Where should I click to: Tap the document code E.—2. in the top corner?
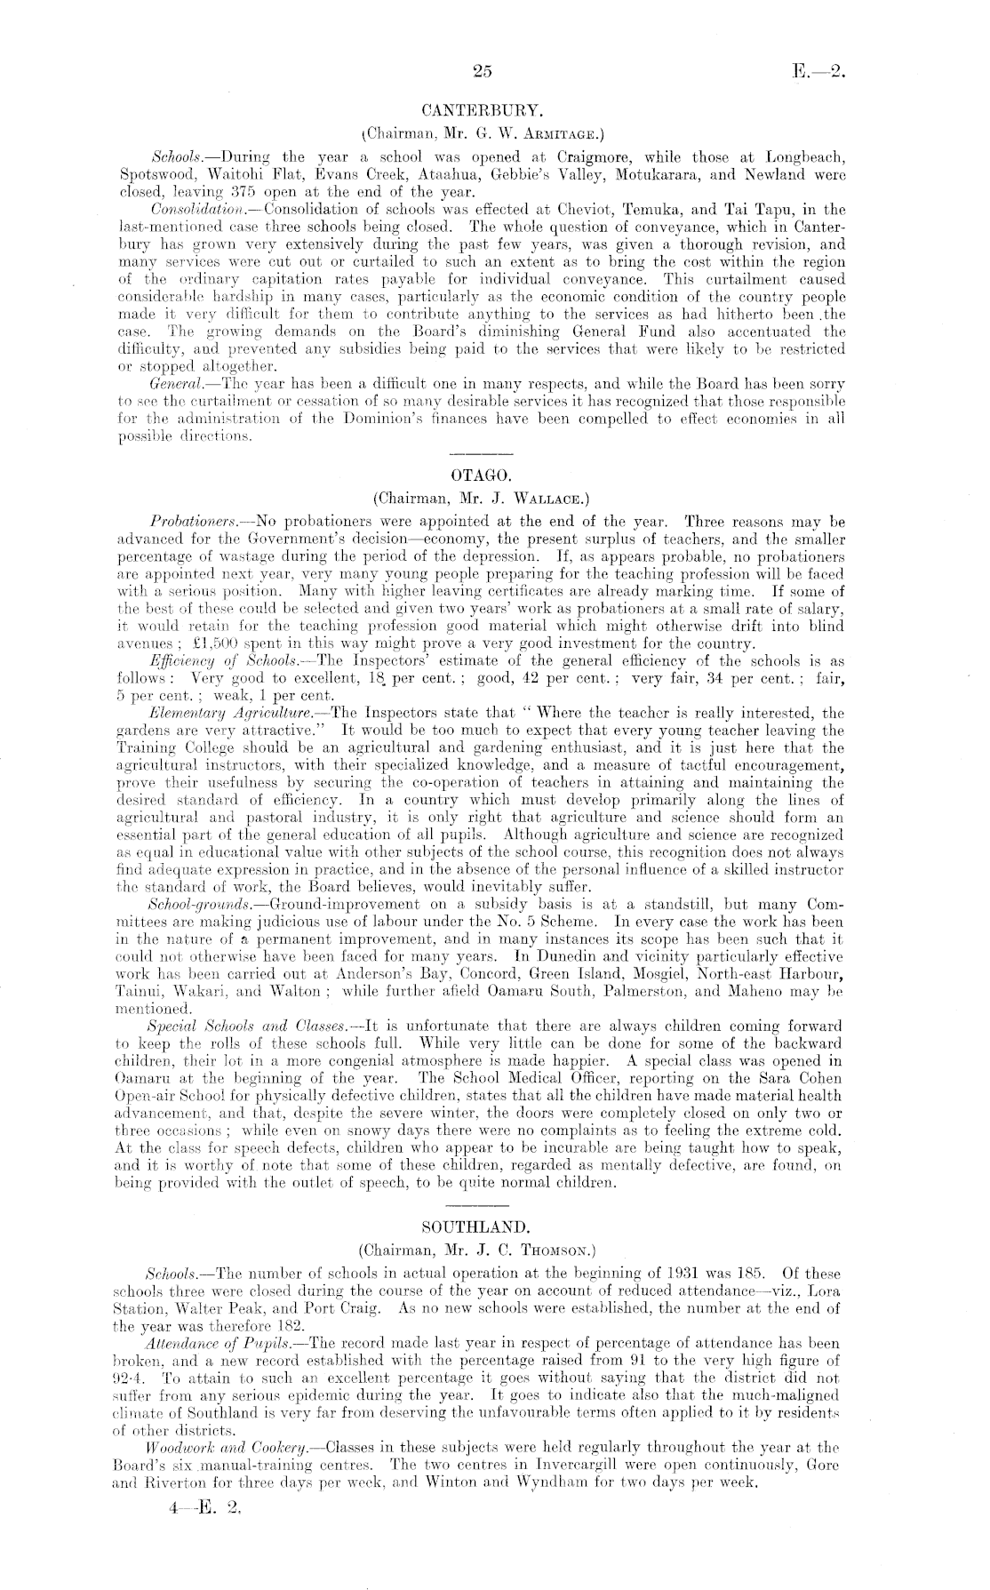[x=818, y=72]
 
